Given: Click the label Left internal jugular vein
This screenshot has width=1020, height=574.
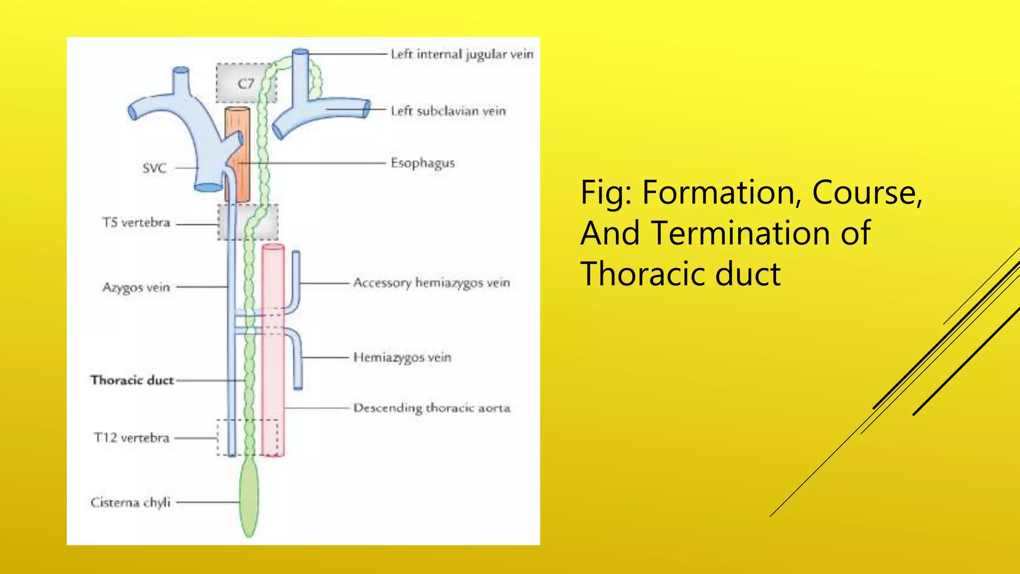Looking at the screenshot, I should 462,54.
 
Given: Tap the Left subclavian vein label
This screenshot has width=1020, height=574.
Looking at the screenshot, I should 448,111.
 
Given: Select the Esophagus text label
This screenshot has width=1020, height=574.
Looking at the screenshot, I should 422,163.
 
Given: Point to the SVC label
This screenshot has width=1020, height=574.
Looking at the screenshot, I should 154,168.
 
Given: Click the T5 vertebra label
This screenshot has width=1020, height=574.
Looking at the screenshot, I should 136,222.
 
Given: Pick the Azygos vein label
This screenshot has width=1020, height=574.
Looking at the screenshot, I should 136,287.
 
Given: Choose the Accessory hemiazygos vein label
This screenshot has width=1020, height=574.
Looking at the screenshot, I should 431,283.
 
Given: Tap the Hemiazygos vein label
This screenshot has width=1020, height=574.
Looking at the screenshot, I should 402,357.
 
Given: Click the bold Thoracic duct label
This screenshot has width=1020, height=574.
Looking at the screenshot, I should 132,380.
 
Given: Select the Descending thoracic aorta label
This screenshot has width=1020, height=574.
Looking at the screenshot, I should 431,408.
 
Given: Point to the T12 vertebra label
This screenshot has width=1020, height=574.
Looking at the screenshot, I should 131,437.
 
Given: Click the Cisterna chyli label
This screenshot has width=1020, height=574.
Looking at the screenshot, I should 130,502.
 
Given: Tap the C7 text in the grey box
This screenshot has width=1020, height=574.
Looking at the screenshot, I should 246,84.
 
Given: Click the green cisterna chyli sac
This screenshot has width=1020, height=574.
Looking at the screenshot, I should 249,498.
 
